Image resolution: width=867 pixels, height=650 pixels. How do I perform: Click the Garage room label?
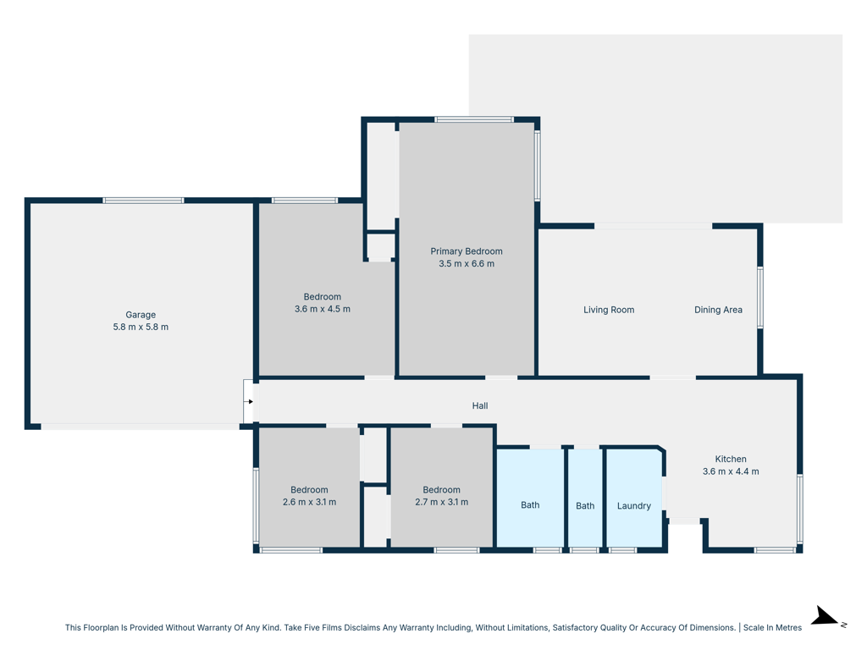tap(141, 315)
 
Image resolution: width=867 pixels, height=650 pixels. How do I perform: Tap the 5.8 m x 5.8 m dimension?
tap(141, 327)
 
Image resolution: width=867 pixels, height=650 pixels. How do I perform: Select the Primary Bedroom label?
tap(467, 251)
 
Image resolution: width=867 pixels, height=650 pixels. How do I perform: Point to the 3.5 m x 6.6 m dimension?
tap(467, 264)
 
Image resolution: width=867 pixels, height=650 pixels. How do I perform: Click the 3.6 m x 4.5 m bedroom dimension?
tap(323, 309)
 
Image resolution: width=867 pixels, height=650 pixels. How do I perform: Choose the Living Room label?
tap(609, 310)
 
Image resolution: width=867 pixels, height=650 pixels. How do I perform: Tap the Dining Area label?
tap(718, 310)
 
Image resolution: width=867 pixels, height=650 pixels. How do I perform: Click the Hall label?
tap(480, 405)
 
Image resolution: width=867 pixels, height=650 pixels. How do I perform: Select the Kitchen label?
tap(731, 459)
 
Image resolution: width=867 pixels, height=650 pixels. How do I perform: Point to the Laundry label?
tap(633, 506)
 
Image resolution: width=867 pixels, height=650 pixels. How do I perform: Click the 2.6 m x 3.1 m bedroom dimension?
tap(309, 502)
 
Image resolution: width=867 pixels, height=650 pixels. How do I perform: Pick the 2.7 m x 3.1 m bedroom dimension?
tap(441, 502)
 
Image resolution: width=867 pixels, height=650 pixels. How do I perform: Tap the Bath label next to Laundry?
tap(585, 506)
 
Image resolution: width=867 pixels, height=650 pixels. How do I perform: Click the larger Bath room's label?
tap(530, 504)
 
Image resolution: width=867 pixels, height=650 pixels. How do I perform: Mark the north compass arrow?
tap(826, 616)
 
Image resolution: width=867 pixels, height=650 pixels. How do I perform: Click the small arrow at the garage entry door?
tap(251, 402)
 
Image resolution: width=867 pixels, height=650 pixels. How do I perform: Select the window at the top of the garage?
tap(143, 201)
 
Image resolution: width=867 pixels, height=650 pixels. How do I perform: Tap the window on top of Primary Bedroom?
tap(474, 119)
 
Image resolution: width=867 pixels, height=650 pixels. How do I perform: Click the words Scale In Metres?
tap(772, 627)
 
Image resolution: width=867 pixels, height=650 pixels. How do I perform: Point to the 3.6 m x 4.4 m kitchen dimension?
tap(731, 471)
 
